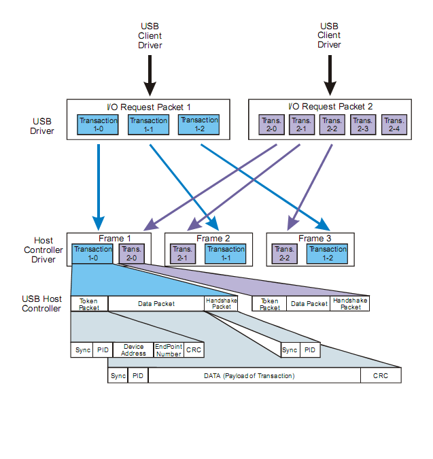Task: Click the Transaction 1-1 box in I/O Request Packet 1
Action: tap(148, 124)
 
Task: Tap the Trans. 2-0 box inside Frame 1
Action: tap(131, 254)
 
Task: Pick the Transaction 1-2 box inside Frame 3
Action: tap(328, 254)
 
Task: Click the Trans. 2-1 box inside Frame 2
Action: tap(182, 254)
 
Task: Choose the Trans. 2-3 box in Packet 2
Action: tap(363, 124)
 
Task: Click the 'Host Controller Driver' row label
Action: tap(44, 250)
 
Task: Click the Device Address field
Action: tap(133, 350)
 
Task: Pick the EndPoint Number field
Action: tap(169, 350)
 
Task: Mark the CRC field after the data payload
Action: tap(381, 375)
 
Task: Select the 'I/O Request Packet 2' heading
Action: tap(330, 107)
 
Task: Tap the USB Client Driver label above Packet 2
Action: tap(330, 35)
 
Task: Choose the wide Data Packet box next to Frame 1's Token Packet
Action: tap(156, 304)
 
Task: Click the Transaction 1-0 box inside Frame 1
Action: tap(92, 254)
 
